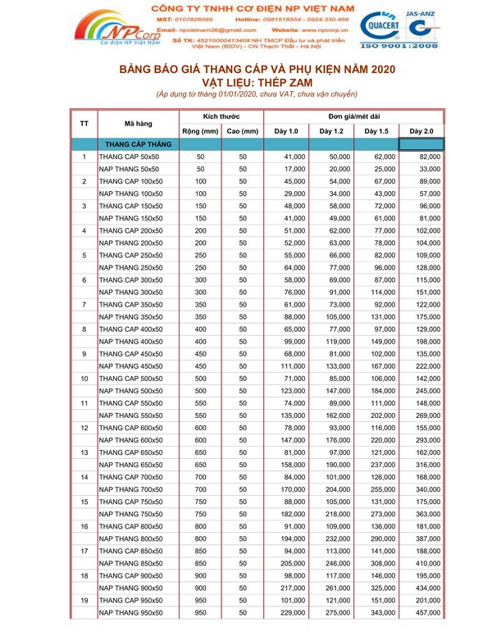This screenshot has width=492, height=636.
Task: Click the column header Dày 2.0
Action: (x=421, y=131)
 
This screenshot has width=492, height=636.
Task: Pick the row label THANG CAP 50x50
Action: (x=129, y=157)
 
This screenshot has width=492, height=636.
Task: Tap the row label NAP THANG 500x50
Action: (x=131, y=391)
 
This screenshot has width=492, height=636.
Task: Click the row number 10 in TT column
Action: (x=84, y=379)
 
